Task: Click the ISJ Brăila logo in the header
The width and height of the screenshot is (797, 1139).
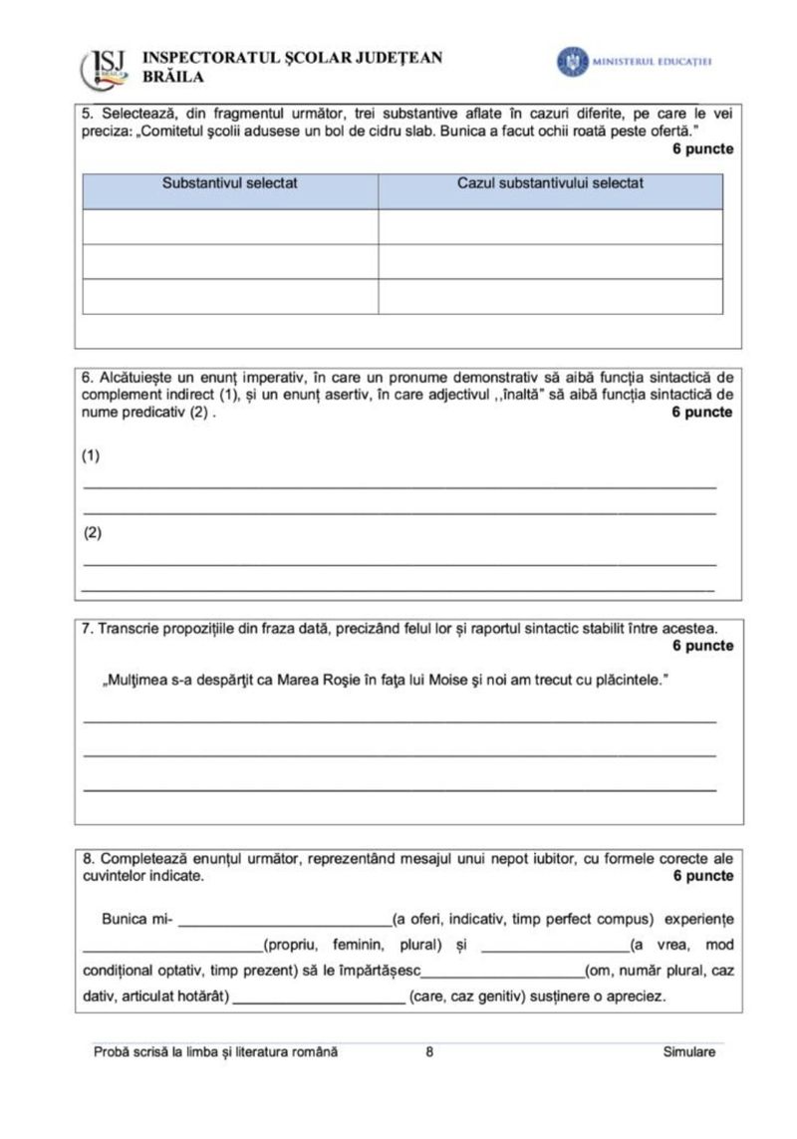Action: point(105,66)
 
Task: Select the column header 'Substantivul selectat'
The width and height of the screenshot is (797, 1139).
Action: point(230,183)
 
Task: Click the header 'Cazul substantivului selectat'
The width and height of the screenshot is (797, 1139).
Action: point(550,183)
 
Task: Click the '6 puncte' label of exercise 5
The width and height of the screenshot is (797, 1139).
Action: point(703,148)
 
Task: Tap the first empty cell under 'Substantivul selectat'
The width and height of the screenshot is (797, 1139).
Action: point(230,226)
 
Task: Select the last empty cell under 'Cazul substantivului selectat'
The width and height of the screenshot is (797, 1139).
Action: point(550,296)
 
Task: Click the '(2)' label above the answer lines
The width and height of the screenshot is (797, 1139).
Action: point(92,532)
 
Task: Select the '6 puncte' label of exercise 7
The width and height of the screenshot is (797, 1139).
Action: point(703,646)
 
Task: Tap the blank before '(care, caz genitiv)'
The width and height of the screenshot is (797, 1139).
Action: point(318,997)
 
